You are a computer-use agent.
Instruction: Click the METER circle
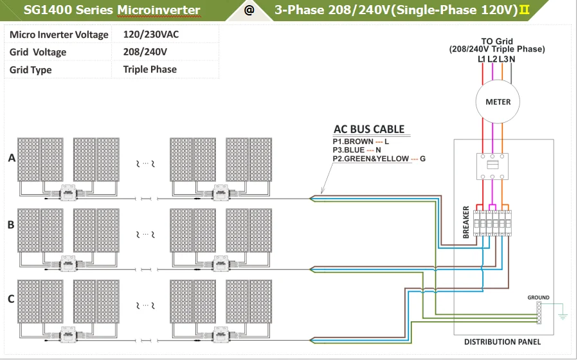tap(498, 102)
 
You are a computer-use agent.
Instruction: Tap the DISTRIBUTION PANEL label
tap(502, 342)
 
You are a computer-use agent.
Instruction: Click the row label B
tap(11, 224)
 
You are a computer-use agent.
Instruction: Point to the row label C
tap(11, 298)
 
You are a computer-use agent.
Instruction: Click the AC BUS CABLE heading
tap(369, 129)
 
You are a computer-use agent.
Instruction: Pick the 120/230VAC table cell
tap(150, 34)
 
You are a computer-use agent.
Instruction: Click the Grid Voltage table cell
tap(38, 52)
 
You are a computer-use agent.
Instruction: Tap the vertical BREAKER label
tap(466, 222)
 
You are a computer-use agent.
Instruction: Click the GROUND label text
tap(538, 298)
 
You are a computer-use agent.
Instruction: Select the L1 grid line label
tap(482, 59)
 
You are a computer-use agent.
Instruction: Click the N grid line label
tap(512, 59)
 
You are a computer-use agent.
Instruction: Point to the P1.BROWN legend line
tap(361, 141)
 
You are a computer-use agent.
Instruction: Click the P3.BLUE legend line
tap(356, 150)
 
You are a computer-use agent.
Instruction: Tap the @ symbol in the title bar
tap(249, 10)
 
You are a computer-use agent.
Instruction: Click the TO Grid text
tap(497, 41)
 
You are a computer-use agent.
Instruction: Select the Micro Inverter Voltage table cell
tap(59, 34)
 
